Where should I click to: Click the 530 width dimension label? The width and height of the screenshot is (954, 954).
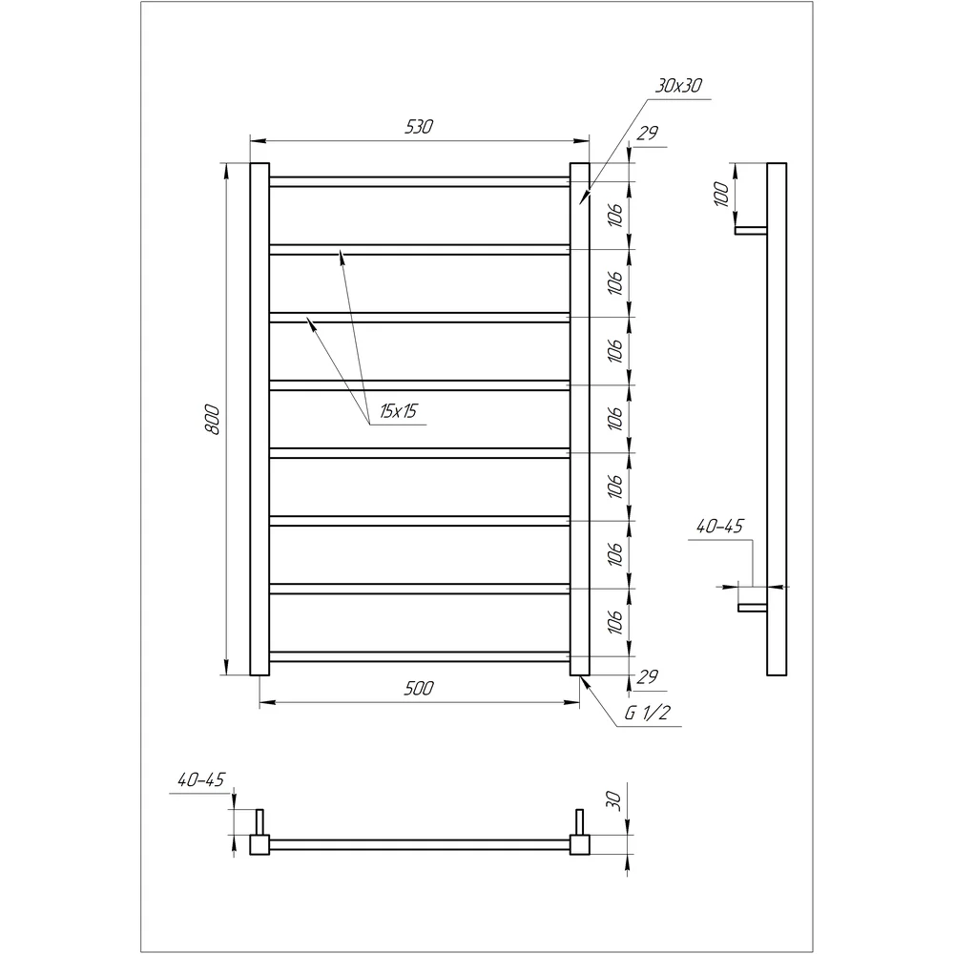click(x=419, y=127)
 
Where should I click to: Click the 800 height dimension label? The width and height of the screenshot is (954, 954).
click(x=212, y=419)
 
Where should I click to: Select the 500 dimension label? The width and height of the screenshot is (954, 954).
click(x=419, y=688)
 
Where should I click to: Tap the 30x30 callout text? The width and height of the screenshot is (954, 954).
click(x=678, y=86)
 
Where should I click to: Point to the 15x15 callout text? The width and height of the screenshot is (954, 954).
click(x=399, y=411)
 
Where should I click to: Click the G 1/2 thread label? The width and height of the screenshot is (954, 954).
click(x=648, y=713)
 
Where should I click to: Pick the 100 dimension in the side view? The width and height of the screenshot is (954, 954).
click(x=721, y=194)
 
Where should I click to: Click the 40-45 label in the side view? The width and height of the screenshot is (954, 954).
click(x=719, y=527)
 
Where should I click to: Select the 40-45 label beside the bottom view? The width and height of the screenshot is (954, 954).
click(x=201, y=780)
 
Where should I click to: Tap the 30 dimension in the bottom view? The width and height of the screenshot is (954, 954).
click(x=613, y=800)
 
